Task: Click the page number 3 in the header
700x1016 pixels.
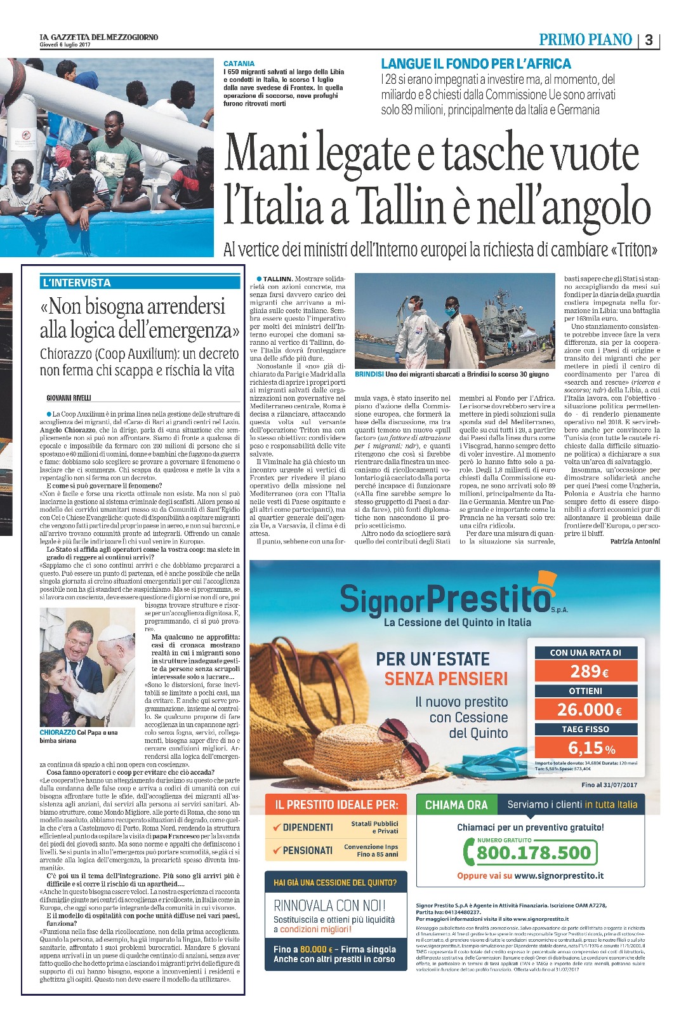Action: pyautogui.click(x=649, y=40)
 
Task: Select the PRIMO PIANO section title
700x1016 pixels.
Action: pyautogui.click(x=585, y=40)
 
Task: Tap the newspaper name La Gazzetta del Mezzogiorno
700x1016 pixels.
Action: pyautogui.click(x=98, y=37)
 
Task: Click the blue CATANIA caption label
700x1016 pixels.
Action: pyautogui.click(x=239, y=63)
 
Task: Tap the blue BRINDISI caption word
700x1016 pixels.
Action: pyautogui.click(x=369, y=375)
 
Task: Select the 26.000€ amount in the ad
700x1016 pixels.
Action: pyautogui.click(x=589, y=709)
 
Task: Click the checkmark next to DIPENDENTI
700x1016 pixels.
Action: pyautogui.click(x=276, y=827)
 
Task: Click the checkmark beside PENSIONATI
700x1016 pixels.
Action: pyautogui.click(x=276, y=850)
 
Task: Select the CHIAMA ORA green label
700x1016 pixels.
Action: pyautogui.click(x=456, y=805)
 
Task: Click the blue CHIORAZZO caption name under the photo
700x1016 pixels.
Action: pyautogui.click(x=57, y=732)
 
